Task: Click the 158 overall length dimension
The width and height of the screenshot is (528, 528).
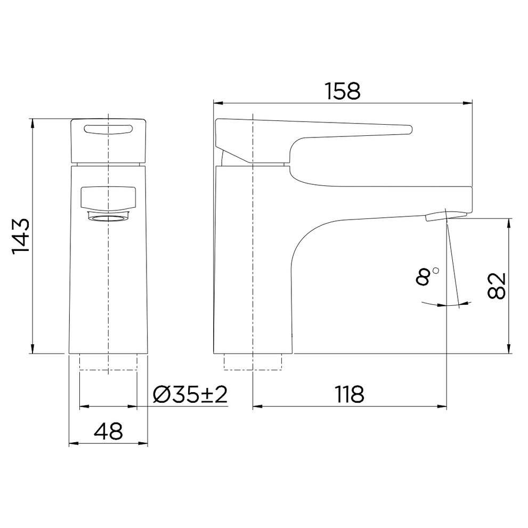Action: pos(343,91)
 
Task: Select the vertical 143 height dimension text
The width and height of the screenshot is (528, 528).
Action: pos(21,235)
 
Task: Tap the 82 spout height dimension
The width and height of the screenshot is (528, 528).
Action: pos(497,286)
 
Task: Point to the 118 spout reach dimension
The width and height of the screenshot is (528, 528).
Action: pos(350,394)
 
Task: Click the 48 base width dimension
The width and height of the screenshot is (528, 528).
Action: pos(108,432)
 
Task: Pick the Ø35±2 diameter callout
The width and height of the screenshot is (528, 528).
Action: pos(190,394)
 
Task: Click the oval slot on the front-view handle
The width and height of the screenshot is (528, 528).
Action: pos(109,129)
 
